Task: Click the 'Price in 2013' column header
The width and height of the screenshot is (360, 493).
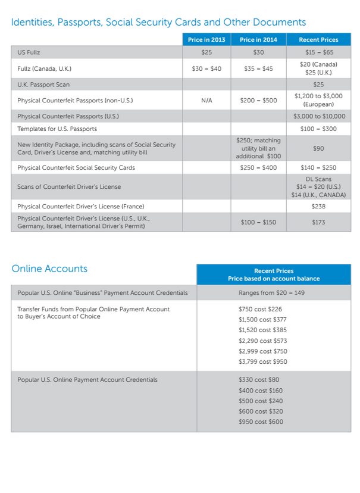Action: [x=206, y=40]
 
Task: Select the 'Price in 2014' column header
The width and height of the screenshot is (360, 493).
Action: [x=258, y=40]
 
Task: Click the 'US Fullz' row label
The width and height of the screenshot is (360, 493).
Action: [x=29, y=53]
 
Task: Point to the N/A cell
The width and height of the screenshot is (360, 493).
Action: [x=206, y=101]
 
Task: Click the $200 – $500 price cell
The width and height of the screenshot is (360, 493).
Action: [x=258, y=101]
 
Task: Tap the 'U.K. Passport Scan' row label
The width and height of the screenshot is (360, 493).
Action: [x=43, y=85]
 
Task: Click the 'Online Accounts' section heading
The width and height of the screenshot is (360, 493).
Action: [x=49, y=269]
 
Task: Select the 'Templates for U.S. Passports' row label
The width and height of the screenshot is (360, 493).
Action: [x=57, y=129]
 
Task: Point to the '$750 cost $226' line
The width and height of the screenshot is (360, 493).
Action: [x=260, y=309]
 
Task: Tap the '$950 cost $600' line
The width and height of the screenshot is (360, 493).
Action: [x=261, y=422]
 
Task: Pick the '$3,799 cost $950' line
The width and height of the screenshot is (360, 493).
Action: [x=262, y=361]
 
